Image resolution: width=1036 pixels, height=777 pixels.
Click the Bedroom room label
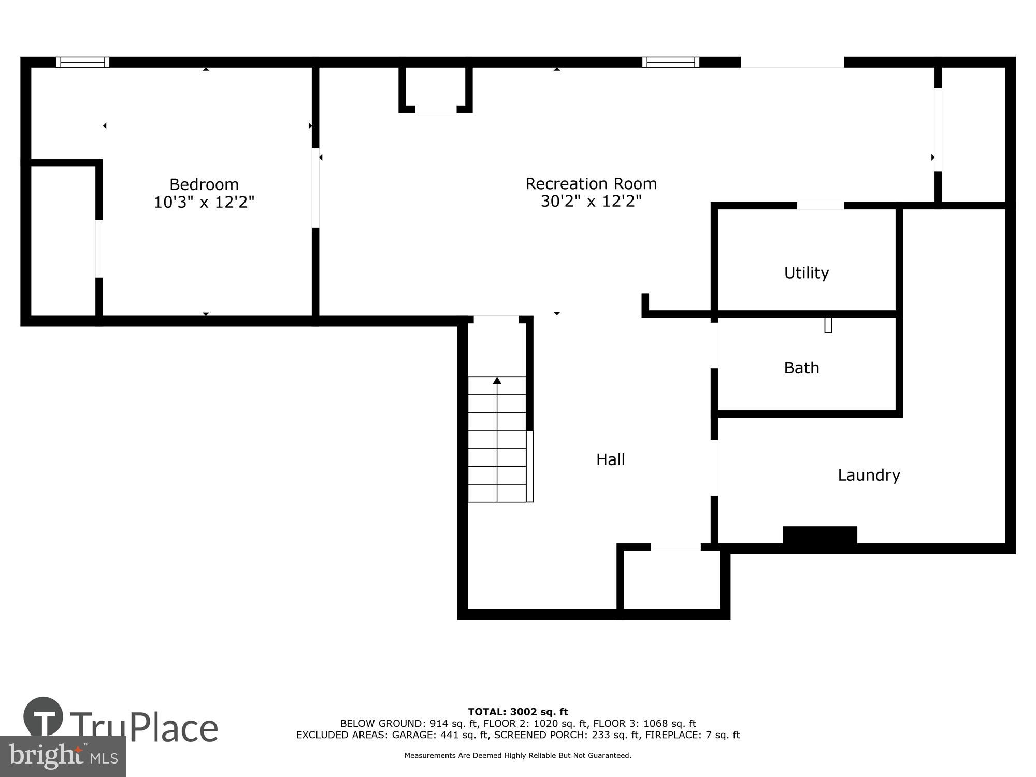(x=204, y=184)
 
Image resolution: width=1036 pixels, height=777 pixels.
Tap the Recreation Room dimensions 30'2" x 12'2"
(x=591, y=201)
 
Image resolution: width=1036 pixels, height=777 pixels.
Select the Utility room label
(x=806, y=273)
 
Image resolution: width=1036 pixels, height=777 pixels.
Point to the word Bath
(x=801, y=368)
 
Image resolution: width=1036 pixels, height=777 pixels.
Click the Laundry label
(x=869, y=475)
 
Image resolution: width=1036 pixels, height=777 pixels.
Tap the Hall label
(x=610, y=459)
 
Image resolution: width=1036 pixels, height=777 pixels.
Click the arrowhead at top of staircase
(x=497, y=381)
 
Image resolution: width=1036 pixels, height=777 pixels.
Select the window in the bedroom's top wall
(x=82, y=62)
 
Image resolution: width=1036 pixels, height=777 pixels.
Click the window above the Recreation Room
(x=670, y=62)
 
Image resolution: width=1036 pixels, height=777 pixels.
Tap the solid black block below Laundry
(x=819, y=536)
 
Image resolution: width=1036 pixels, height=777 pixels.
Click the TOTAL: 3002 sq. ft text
(x=518, y=712)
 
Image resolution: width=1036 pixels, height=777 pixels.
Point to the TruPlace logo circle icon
(x=43, y=717)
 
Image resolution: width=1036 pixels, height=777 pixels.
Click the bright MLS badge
(x=63, y=757)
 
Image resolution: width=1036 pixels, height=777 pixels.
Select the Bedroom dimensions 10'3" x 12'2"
(x=204, y=202)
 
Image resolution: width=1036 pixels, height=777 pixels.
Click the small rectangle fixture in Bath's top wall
(x=828, y=325)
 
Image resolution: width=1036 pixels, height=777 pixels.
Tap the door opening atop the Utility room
(x=820, y=206)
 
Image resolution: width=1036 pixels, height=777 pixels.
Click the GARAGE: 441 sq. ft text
(x=440, y=735)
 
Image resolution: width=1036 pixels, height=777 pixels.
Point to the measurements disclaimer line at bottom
(x=518, y=755)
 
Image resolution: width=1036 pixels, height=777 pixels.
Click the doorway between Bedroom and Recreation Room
(x=315, y=188)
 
